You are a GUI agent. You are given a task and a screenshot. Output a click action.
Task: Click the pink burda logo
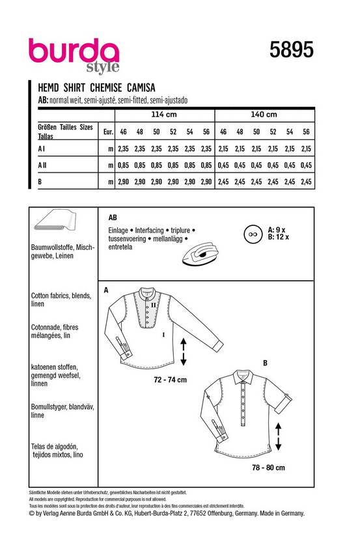74,52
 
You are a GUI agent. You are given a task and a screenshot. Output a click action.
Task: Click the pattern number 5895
292,49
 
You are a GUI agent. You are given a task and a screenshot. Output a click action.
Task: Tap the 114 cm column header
164,115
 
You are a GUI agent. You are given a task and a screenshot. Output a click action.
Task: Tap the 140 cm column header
264,115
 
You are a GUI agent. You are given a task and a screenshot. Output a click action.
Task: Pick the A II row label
42,165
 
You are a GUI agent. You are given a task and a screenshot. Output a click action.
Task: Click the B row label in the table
40,182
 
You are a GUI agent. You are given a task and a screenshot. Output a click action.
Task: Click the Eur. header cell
108,132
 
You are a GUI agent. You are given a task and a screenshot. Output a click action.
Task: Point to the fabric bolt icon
55,220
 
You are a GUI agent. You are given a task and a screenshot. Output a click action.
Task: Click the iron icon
200,254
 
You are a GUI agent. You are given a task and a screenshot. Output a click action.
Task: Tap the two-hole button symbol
253,234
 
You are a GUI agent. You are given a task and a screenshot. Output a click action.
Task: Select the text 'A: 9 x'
276,230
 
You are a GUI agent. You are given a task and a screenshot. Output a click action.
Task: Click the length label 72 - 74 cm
170,380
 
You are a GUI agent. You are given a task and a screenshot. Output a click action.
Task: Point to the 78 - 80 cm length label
268,467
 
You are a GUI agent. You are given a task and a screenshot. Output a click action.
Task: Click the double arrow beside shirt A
184,352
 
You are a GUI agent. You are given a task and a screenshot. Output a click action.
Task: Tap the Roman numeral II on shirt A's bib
153,305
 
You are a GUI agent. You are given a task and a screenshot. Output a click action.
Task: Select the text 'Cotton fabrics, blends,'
61,296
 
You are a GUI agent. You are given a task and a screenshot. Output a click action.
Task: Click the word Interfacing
149,230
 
